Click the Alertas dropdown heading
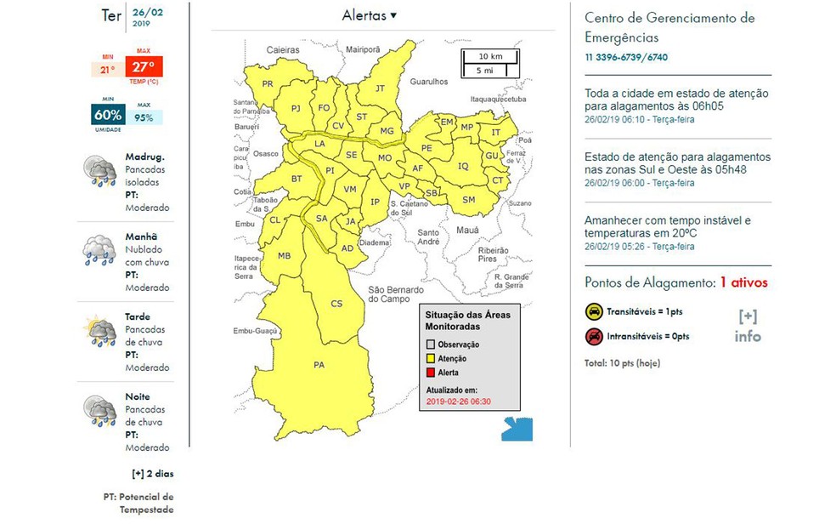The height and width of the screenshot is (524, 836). [x=370, y=15]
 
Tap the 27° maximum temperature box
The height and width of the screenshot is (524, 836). [x=142, y=67]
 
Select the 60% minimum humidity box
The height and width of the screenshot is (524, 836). [x=108, y=115]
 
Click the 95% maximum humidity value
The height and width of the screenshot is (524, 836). [x=143, y=117]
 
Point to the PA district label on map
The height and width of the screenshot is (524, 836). [x=319, y=366]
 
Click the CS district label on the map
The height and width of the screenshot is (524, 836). [x=336, y=304]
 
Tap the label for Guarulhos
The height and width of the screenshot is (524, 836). [x=428, y=82]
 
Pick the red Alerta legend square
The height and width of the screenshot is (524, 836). [x=431, y=373]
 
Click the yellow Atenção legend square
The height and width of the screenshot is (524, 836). [x=431, y=358]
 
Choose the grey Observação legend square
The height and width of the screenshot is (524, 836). [x=431, y=344]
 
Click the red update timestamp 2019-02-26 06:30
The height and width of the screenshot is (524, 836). [x=458, y=402]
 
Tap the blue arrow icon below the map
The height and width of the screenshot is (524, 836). [x=517, y=428]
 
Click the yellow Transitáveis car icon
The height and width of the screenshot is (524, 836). [x=594, y=312]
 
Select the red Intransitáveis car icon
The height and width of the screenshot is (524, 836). [x=594, y=337]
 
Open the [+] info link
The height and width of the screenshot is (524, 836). [x=748, y=327]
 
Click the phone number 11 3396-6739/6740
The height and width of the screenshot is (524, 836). [x=625, y=58]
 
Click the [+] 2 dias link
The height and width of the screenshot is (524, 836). [x=152, y=474]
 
